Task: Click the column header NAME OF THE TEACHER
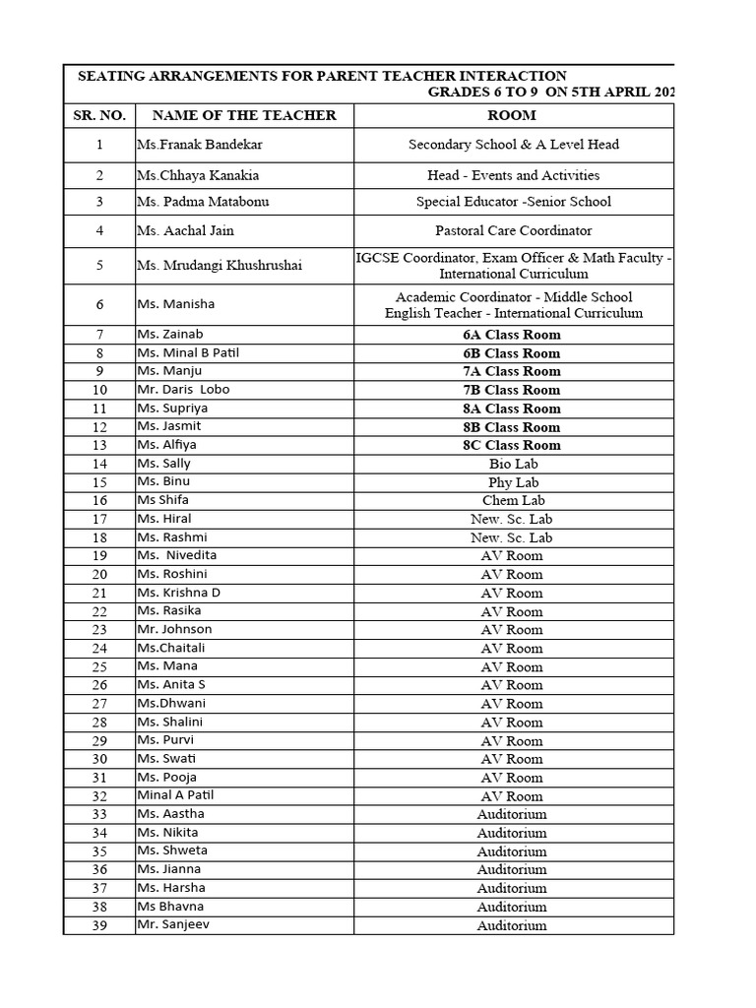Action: (x=244, y=116)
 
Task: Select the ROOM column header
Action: (x=513, y=116)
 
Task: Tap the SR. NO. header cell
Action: (x=99, y=116)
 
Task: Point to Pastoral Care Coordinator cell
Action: (x=513, y=231)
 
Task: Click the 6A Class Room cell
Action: (x=513, y=335)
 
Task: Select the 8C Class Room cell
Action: (x=513, y=445)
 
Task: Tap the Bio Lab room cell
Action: (x=513, y=464)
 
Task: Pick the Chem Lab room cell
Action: (x=513, y=501)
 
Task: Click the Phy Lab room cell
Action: (x=513, y=482)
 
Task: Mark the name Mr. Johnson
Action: (x=174, y=630)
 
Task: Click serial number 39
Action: (x=99, y=925)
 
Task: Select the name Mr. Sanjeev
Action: (x=173, y=925)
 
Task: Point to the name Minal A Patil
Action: (x=175, y=795)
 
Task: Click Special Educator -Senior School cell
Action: (x=513, y=202)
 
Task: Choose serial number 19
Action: (x=99, y=556)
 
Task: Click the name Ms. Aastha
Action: (x=170, y=814)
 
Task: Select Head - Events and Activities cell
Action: (x=513, y=175)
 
